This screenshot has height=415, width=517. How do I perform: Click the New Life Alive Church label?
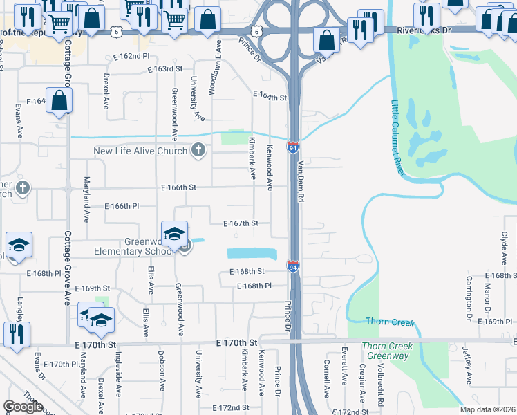[141, 151]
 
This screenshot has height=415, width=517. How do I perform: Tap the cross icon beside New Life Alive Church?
[199, 150]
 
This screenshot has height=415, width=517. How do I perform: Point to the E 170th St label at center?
[236, 342]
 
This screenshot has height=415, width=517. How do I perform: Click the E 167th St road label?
[241, 223]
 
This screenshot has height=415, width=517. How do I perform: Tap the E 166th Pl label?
[122, 206]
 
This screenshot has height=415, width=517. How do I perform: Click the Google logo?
[23, 407]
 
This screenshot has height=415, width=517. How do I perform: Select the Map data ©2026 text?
[487, 409]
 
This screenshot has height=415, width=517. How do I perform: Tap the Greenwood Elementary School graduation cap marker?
[175, 233]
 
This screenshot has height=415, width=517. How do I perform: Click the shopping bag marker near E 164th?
[60, 101]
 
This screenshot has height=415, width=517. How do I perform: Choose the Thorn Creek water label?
[389, 322]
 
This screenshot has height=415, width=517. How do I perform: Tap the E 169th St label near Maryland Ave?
[92, 288]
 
